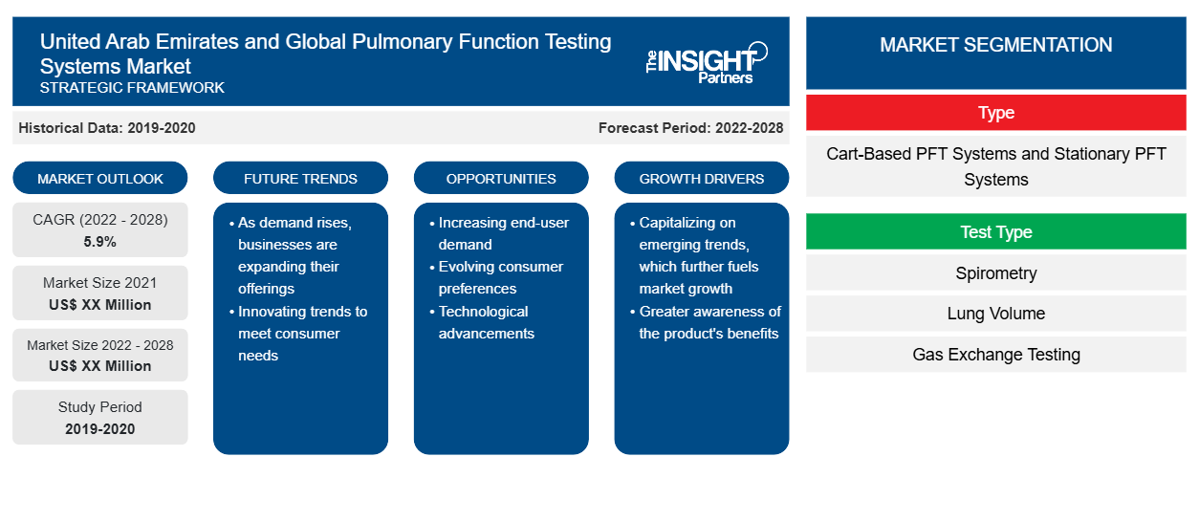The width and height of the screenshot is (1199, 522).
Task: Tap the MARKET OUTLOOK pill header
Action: tap(100, 178)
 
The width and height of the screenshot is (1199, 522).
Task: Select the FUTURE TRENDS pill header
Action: tap(300, 178)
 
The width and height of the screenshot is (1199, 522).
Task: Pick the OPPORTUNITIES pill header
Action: tap(501, 178)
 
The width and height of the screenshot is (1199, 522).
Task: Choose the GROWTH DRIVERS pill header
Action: tap(701, 178)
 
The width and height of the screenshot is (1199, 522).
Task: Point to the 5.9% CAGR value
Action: tap(100, 242)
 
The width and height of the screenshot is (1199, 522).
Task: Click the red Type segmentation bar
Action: tap(995, 113)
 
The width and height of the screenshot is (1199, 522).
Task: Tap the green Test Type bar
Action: tap(995, 231)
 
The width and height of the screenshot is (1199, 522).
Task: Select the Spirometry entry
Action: tap(995, 273)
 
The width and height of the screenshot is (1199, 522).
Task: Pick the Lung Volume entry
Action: tap(995, 314)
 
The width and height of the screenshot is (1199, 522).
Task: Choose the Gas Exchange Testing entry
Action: tap(995, 355)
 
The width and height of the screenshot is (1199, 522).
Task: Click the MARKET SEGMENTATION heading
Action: tap(995, 45)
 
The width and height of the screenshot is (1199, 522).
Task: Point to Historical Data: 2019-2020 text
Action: tap(107, 128)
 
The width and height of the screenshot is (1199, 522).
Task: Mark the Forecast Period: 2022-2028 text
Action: tap(690, 128)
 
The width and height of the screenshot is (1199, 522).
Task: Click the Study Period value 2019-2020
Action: tap(100, 429)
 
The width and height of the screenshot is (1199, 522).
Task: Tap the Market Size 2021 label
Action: tap(100, 283)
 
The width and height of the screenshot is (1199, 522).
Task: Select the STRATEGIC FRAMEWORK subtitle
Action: tap(132, 88)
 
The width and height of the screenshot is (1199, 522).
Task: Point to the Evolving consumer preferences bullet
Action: tap(498, 277)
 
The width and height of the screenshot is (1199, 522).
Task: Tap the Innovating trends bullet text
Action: tap(300, 333)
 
